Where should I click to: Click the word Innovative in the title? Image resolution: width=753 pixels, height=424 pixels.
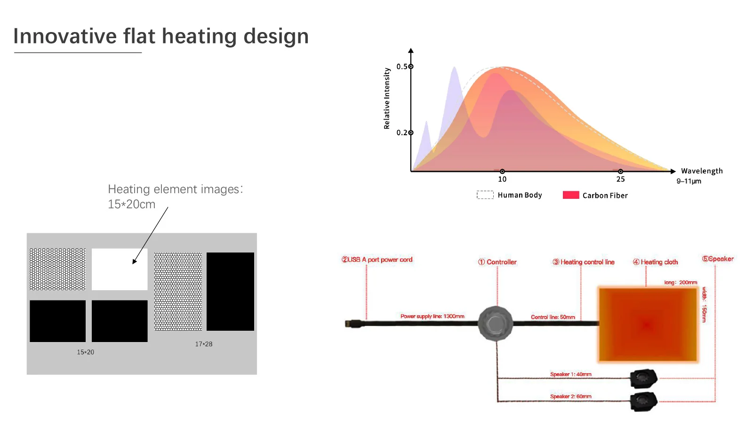click(x=65, y=36)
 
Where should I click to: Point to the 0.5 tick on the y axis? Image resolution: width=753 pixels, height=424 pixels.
click(x=411, y=66)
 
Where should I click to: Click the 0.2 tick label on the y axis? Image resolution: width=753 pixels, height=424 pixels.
click(x=402, y=132)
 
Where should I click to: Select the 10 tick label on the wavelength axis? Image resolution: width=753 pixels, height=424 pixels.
click(x=502, y=179)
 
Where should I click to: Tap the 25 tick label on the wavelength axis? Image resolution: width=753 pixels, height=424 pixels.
click(x=621, y=179)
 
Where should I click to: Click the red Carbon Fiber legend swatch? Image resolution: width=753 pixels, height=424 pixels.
click(x=571, y=195)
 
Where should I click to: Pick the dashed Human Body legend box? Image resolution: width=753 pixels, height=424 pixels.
click(x=485, y=195)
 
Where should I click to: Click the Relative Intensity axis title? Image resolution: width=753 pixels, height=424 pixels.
click(x=387, y=98)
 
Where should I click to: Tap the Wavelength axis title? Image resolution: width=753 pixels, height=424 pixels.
click(x=702, y=171)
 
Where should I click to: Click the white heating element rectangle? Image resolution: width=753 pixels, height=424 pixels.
click(x=120, y=269)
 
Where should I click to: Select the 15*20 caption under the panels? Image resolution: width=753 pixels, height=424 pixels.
click(x=85, y=352)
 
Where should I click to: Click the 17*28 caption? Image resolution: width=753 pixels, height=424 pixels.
click(x=204, y=344)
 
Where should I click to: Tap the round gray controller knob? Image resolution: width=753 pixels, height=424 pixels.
click(x=496, y=324)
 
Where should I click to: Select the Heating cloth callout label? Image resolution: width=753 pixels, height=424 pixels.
click(x=656, y=262)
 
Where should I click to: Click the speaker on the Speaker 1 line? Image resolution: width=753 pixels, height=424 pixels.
click(x=644, y=379)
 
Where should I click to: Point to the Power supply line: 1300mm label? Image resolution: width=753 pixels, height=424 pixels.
click(x=433, y=316)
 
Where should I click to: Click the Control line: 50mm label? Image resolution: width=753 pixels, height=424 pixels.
click(x=553, y=317)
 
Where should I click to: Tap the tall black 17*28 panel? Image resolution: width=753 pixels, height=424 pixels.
click(x=230, y=292)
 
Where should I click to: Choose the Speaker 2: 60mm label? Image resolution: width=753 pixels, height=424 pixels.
click(x=571, y=396)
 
